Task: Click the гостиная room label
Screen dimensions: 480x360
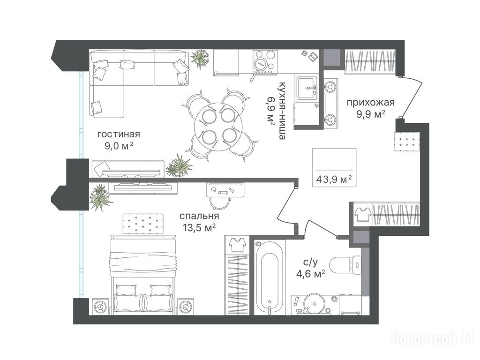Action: click(119, 135)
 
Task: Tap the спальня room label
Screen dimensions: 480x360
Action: click(199, 216)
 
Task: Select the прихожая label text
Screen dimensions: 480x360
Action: click(370, 102)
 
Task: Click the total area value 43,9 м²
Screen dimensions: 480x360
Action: click(334, 179)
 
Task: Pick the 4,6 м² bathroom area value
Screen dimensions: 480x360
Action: click(310, 273)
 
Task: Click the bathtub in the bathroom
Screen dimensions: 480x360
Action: click(270, 277)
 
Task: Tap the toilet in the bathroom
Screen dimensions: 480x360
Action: click(346, 263)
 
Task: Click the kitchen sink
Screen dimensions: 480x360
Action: click(307, 88)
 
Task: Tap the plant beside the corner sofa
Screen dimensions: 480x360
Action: click(201, 58)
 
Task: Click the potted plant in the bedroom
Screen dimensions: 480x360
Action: click(100, 197)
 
